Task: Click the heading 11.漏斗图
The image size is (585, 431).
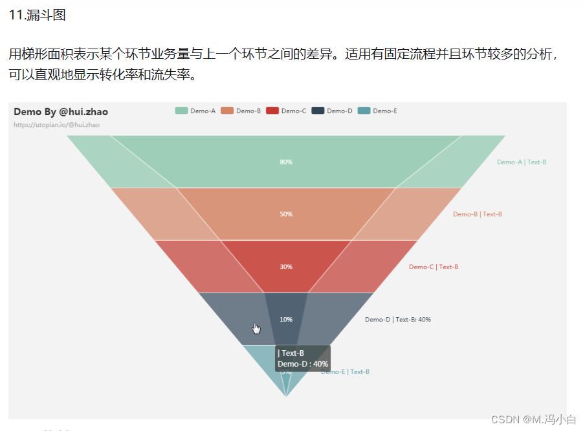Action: pyautogui.click(x=38, y=15)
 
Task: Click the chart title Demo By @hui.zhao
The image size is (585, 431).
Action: pyautogui.click(x=61, y=112)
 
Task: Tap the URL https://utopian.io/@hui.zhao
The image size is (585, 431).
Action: pyautogui.click(x=57, y=124)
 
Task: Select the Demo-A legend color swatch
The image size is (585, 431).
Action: pyautogui.click(x=181, y=111)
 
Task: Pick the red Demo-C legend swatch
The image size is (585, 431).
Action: pyautogui.click(x=272, y=111)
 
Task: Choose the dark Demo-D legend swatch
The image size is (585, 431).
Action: pyautogui.click(x=317, y=111)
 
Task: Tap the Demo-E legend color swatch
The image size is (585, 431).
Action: pyautogui.click(x=363, y=111)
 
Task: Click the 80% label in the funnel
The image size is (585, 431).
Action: pyautogui.click(x=285, y=162)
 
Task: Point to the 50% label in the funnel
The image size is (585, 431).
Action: pyautogui.click(x=285, y=214)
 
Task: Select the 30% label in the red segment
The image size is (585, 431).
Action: pyautogui.click(x=285, y=267)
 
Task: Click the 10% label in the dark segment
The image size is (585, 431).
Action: pyautogui.click(x=285, y=319)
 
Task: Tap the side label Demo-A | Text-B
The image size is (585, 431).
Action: pyautogui.click(x=522, y=162)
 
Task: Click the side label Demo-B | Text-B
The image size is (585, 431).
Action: pyautogui.click(x=478, y=214)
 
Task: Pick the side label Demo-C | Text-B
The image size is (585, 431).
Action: pyautogui.click(x=434, y=267)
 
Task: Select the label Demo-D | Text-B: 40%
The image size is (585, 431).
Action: pyautogui.click(x=398, y=319)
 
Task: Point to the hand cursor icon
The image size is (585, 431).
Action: pyautogui.click(x=256, y=329)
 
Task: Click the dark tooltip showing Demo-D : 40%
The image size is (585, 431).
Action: pyautogui.click(x=303, y=359)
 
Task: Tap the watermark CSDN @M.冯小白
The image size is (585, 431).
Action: pyautogui.click(x=533, y=419)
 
